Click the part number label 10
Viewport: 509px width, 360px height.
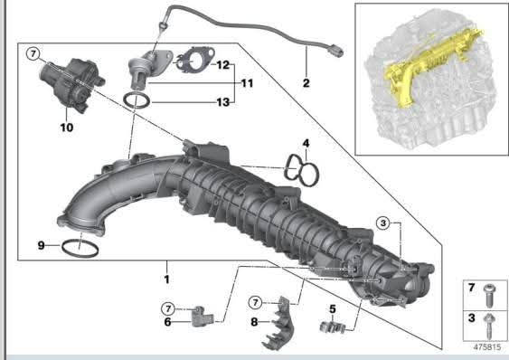click(x=67, y=128)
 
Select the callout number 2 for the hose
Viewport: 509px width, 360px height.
click(x=306, y=83)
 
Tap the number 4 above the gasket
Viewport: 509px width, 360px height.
click(x=306, y=143)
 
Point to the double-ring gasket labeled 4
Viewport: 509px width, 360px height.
click(x=302, y=170)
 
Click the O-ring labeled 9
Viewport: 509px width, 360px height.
click(x=80, y=249)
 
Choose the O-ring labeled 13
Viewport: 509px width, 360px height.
click(x=137, y=100)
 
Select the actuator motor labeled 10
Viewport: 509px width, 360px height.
click(x=72, y=84)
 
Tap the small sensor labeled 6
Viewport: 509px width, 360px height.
click(x=203, y=317)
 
